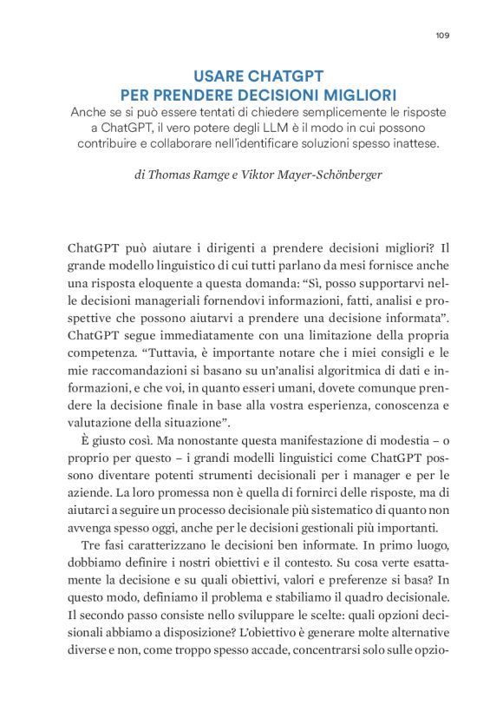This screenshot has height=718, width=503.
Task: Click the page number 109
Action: (x=441, y=36)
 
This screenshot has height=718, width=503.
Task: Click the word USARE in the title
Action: (x=223, y=76)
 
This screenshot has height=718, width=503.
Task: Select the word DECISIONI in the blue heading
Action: (x=274, y=94)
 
